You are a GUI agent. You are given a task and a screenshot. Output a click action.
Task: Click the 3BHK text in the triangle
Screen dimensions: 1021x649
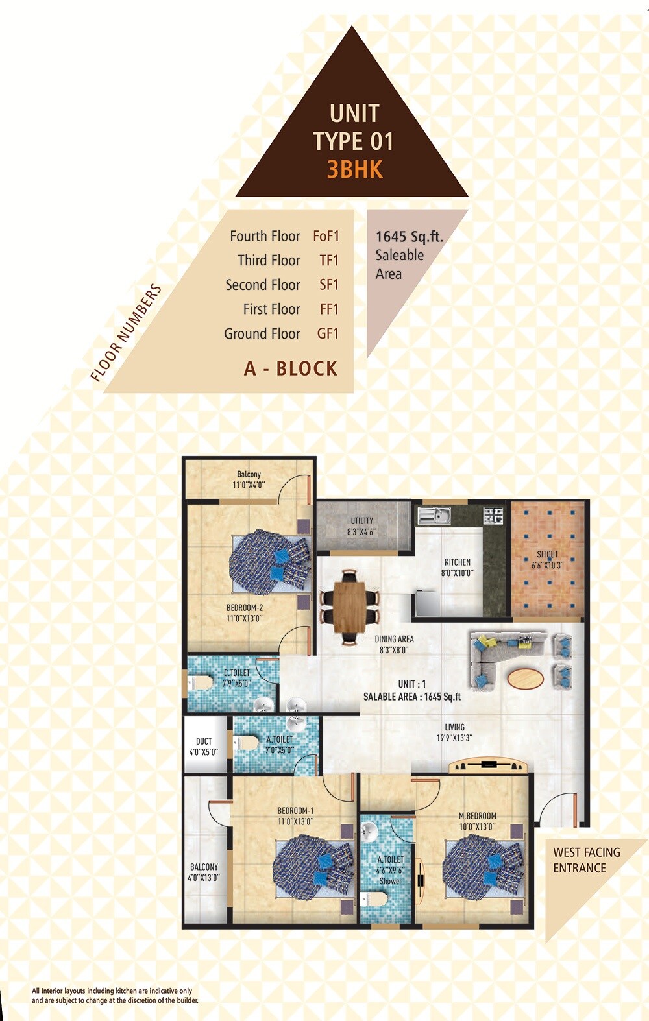(354, 169)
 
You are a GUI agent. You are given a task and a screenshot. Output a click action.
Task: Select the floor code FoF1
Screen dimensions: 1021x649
(326, 236)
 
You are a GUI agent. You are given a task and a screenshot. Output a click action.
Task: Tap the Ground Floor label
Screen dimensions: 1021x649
(262, 333)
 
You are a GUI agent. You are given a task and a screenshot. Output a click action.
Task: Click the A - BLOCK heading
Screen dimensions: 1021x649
(291, 368)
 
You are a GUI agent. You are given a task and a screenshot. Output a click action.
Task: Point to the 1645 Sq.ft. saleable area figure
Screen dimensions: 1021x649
(409, 237)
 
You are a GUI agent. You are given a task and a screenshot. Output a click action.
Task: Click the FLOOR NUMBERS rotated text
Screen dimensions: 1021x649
(126, 333)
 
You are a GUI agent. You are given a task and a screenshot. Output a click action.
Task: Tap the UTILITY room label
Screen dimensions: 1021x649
(361, 525)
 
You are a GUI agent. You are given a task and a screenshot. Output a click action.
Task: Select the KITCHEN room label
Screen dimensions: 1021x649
(458, 567)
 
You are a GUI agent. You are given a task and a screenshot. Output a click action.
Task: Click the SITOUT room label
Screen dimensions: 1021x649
(547, 559)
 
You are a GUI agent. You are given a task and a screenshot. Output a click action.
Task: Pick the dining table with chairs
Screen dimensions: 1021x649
(350, 605)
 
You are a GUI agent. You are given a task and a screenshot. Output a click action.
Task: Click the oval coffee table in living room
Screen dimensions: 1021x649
(526, 679)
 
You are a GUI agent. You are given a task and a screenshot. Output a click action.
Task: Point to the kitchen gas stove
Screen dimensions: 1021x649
(493, 516)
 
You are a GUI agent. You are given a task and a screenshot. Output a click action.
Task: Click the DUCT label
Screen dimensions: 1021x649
(204, 746)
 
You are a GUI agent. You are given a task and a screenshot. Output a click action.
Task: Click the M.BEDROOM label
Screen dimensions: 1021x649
(477, 821)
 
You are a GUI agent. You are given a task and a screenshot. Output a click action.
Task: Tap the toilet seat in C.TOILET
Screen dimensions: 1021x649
(201, 682)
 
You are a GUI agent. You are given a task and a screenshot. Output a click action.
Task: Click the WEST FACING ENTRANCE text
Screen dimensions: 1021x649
(586, 860)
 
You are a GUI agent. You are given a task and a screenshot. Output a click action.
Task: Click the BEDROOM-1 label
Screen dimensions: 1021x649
(295, 815)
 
